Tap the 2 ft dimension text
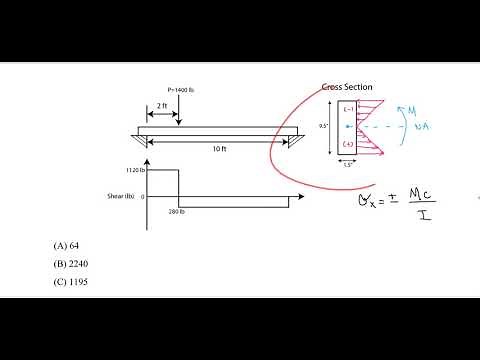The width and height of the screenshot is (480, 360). [162, 105]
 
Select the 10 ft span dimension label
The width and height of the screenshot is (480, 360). [220, 149]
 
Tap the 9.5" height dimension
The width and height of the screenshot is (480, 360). [324, 126]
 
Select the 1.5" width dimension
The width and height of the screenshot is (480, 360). [348, 165]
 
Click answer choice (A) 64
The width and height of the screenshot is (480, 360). [67, 244]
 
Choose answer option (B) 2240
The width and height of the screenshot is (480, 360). [72, 263]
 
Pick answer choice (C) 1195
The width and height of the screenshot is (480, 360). [72, 282]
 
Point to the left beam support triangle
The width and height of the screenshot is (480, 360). [147, 139]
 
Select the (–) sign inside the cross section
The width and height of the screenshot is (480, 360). [347, 108]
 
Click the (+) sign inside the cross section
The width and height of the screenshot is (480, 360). [347, 146]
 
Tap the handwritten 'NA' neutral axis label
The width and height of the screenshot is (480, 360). [408, 129]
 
